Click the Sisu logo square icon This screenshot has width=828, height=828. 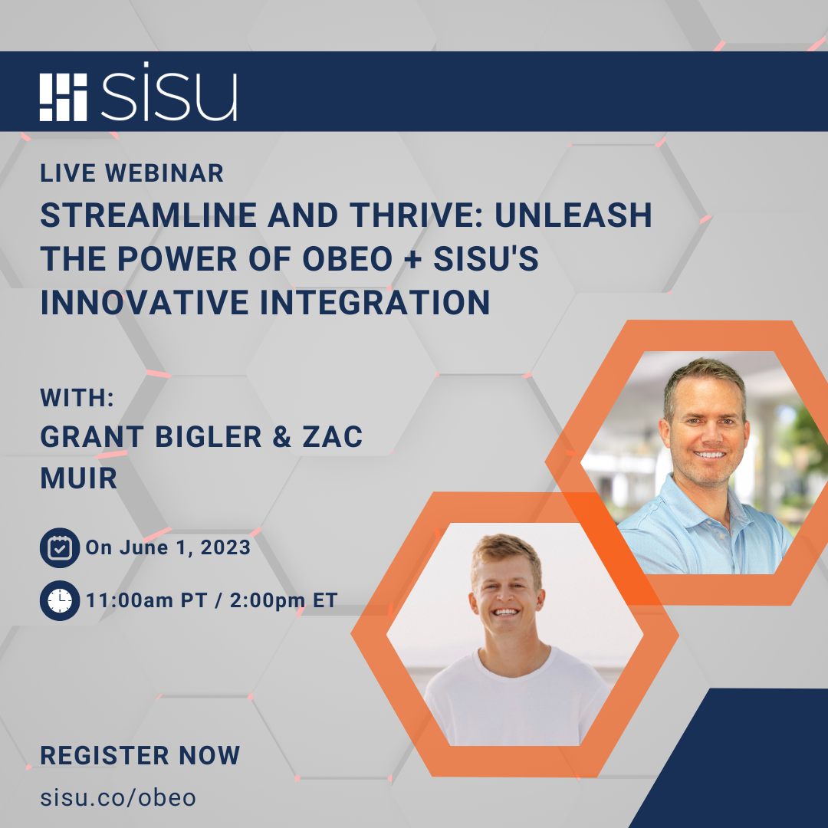pyautogui.click(x=64, y=97)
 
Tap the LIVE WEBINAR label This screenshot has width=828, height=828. pyautogui.click(x=132, y=173)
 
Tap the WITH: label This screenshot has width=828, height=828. pyautogui.click(x=77, y=398)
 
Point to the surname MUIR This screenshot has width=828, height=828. pyautogui.click(x=78, y=478)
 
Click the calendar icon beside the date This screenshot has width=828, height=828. pyautogui.click(x=59, y=547)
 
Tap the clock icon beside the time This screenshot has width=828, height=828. pyautogui.click(x=59, y=600)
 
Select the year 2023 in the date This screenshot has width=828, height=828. pyautogui.click(x=225, y=547)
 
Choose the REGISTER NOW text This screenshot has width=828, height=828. pyautogui.click(x=140, y=755)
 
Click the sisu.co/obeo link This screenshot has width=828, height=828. pyautogui.click(x=118, y=797)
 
